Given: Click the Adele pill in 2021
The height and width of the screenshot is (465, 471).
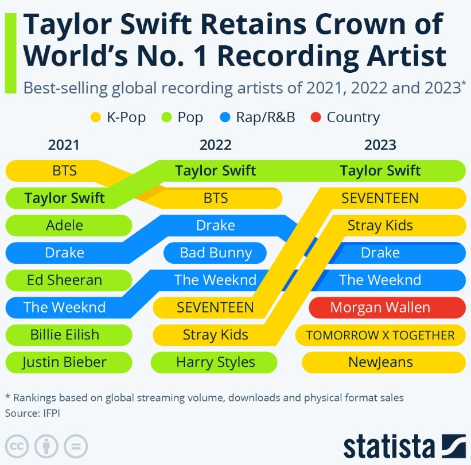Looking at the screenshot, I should (64, 225).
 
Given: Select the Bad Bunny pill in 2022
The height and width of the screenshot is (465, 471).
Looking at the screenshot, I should (216, 253).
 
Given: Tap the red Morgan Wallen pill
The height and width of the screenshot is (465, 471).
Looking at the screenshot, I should (380, 307).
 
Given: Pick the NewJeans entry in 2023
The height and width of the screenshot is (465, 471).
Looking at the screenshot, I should (380, 362).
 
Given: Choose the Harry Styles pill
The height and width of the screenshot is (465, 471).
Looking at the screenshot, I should (216, 362).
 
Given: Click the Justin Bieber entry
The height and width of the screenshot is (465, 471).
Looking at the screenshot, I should (64, 362).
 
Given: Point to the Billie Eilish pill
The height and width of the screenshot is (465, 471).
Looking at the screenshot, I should (64, 335).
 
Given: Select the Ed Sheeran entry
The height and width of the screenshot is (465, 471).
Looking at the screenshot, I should (64, 280).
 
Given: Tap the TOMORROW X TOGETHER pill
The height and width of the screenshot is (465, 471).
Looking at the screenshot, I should (380, 335).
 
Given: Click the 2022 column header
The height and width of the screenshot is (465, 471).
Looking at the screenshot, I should (216, 144).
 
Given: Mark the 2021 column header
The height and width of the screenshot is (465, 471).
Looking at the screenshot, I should (64, 144).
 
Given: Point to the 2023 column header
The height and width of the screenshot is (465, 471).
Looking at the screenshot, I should (380, 144).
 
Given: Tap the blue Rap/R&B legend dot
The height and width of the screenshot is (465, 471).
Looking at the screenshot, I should (225, 118).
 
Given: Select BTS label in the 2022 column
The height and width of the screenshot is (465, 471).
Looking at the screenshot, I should (216, 198).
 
